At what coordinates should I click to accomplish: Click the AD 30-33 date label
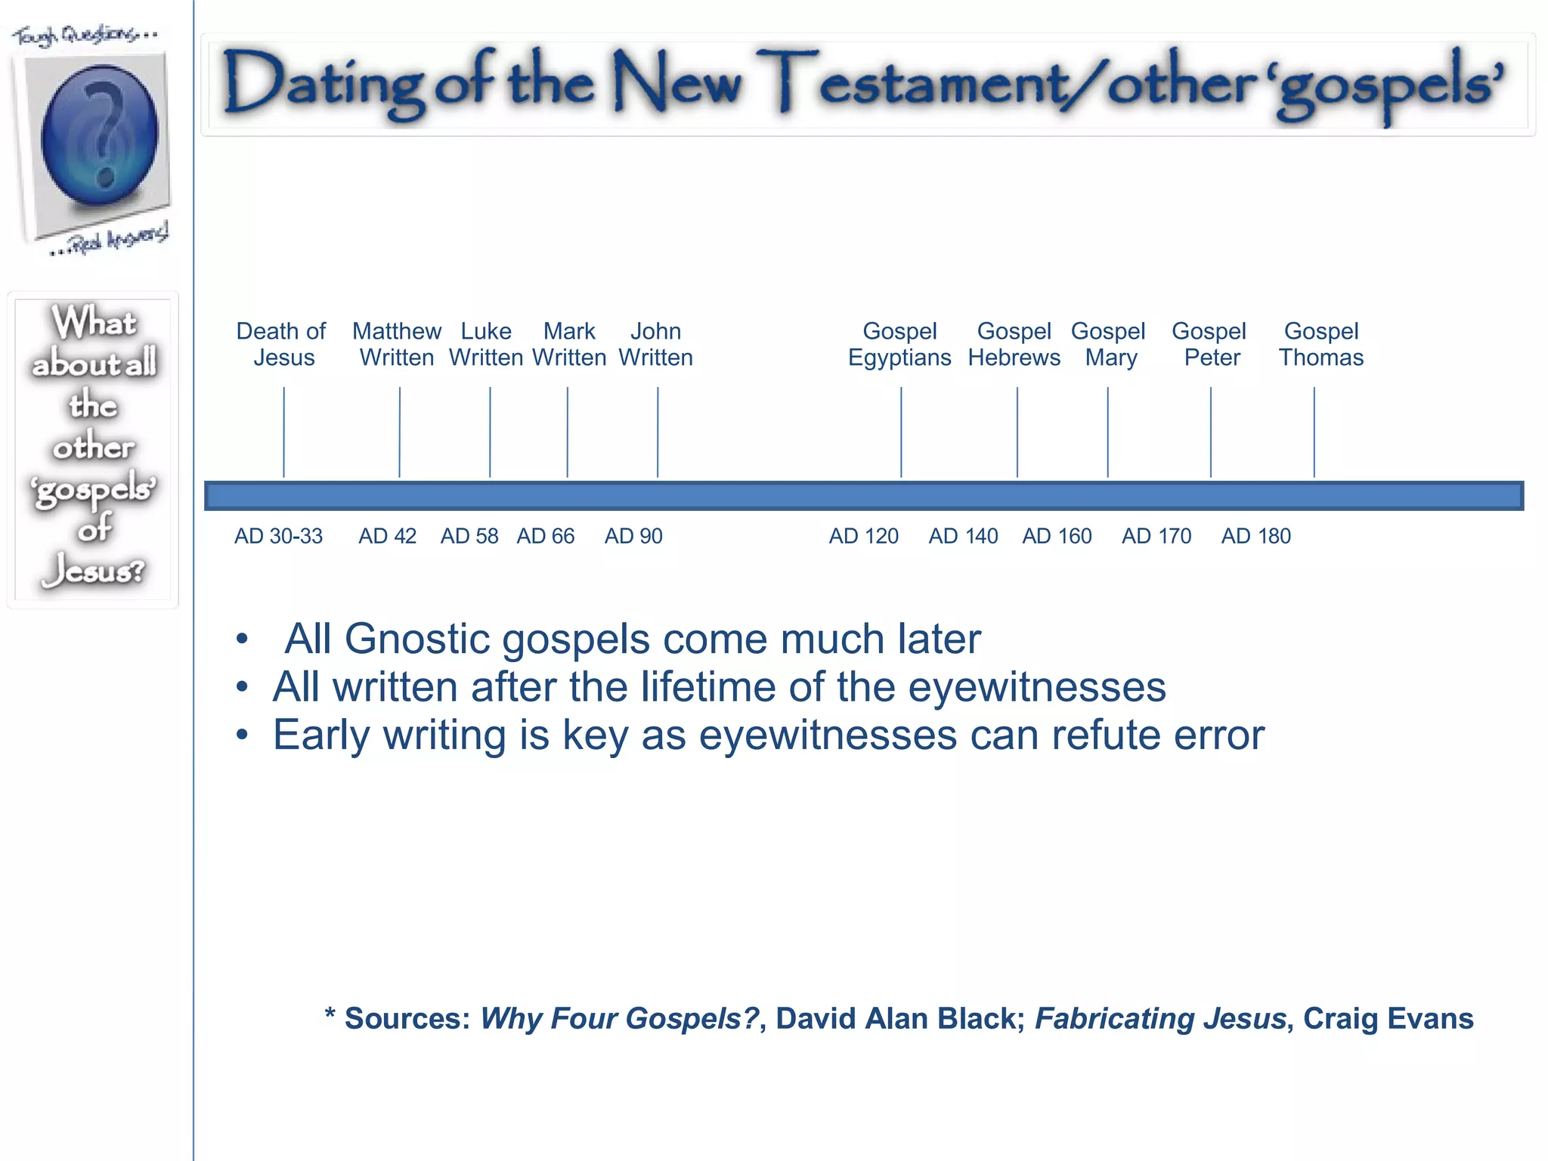(278, 536)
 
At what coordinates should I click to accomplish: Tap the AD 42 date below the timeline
(387, 536)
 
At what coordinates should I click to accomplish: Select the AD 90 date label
(633, 536)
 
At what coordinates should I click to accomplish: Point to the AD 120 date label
(863, 536)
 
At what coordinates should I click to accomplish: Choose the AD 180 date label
(1255, 536)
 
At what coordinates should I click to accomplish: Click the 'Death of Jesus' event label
(281, 344)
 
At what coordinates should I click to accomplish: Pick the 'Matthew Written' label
(397, 344)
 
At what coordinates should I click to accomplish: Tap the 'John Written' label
(655, 344)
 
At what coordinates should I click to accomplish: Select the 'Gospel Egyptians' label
(899, 344)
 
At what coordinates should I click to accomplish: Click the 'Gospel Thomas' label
(1321, 344)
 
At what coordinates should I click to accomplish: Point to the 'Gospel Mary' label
(1109, 344)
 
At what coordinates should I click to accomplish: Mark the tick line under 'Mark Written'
(568, 432)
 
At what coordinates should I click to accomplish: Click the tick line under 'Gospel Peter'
(1211, 432)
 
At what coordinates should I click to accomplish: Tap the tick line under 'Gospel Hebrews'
(1017, 432)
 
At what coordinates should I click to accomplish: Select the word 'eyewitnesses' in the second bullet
(1037, 688)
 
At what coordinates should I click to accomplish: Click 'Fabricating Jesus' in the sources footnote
(1160, 1019)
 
